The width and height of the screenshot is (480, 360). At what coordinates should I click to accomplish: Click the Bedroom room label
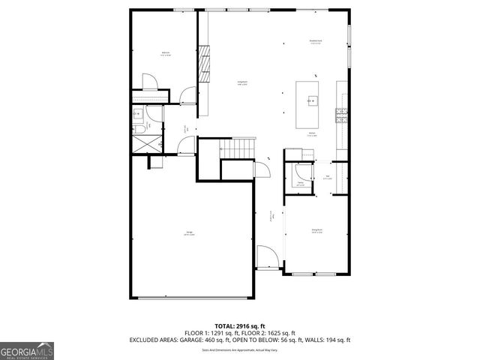[165, 53]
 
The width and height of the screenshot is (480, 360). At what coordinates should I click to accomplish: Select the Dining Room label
[316, 231]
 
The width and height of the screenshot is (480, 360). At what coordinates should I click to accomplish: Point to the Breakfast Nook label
[316, 42]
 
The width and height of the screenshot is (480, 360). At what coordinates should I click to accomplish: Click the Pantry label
[300, 183]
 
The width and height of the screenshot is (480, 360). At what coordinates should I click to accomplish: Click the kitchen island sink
[311, 100]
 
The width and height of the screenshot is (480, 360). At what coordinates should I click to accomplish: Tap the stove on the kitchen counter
[342, 115]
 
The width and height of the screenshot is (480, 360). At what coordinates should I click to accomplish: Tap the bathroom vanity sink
[138, 114]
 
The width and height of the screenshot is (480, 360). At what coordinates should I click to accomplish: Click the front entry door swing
[267, 256]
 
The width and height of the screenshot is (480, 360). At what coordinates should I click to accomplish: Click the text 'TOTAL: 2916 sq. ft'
[239, 326]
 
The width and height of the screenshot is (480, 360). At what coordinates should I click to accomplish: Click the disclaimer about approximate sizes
[239, 349]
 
